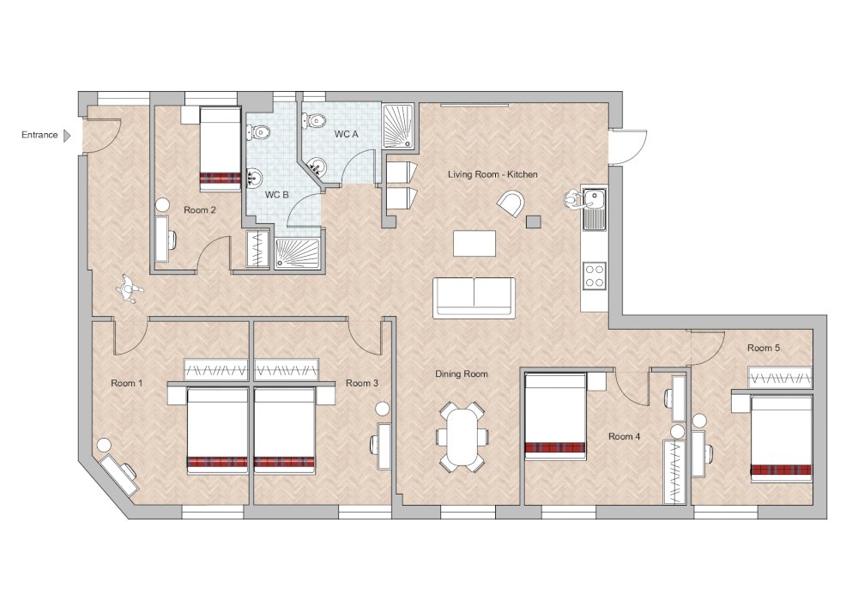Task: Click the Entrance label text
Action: tap(39, 135)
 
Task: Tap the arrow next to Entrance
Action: tap(67, 135)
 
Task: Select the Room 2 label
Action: tap(200, 209)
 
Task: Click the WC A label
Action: tap(347, 134)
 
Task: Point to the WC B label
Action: tap(277, 195)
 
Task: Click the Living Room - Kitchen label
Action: tap(492, 174)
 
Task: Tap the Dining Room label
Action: tap(462, 373)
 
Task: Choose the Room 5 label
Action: tap(764, 348)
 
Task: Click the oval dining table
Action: tap(462, 437)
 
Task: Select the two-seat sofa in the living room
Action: tap(474, 298)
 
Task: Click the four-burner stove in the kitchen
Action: tap(595, 276)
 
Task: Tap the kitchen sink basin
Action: tap(594, 197)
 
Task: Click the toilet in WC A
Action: tap(313, 120)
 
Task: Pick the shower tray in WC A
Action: tap(399, 126)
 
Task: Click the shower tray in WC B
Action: tap(298, 253)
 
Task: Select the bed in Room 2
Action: tap(220, 149)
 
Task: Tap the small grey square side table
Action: tap(534, 222)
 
